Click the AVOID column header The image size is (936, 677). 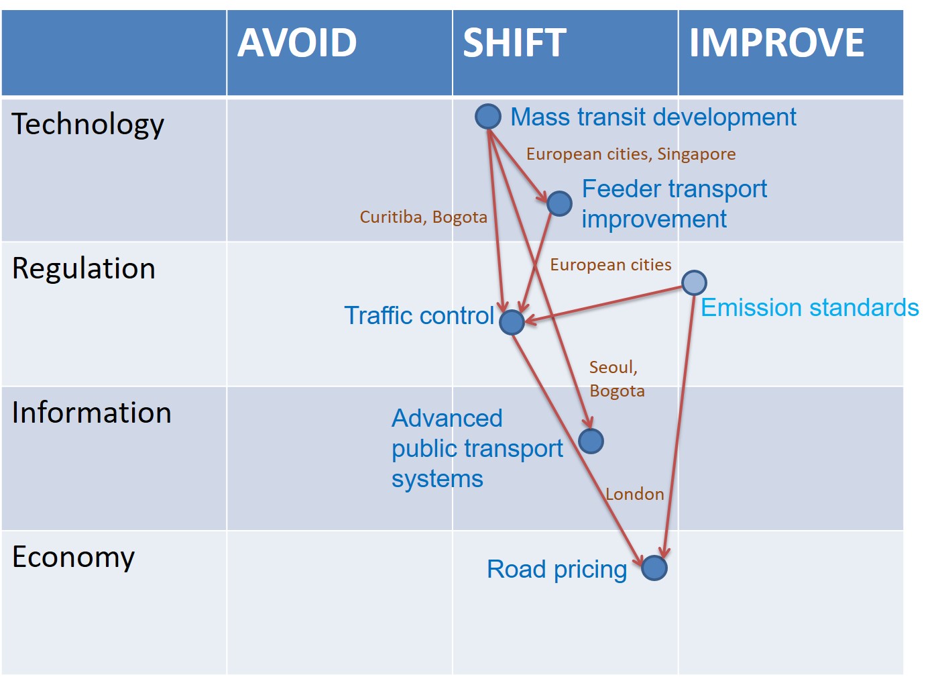[x=297, y=43]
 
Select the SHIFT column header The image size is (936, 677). [x=514, y=43]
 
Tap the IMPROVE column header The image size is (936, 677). [x=776, y=43]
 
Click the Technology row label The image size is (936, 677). [x=88, y=124]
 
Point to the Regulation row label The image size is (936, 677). [x=84, y=268]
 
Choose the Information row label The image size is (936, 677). [x=91, y=413]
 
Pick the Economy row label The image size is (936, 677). [x=74, y=557]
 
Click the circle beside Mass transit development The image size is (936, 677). [x=488, y=116]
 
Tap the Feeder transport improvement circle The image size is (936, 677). [x=559, y=203]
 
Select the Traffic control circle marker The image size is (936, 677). [x=512, y=322]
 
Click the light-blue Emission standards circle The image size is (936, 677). [x=694, y=282]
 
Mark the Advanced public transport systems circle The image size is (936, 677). [x=591, y=441]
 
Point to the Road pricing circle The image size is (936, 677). [x=654, y=568]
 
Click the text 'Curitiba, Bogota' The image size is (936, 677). [x=423, y=217]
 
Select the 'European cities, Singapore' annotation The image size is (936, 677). [x=630, y=154]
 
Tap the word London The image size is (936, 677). [x=635, y=494]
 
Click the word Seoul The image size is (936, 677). [x=612, y=368]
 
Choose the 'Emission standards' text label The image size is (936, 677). [x=809, y=308]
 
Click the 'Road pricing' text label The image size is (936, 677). [x=557, y=570]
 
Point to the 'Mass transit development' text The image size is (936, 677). [x=653, y=117]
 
